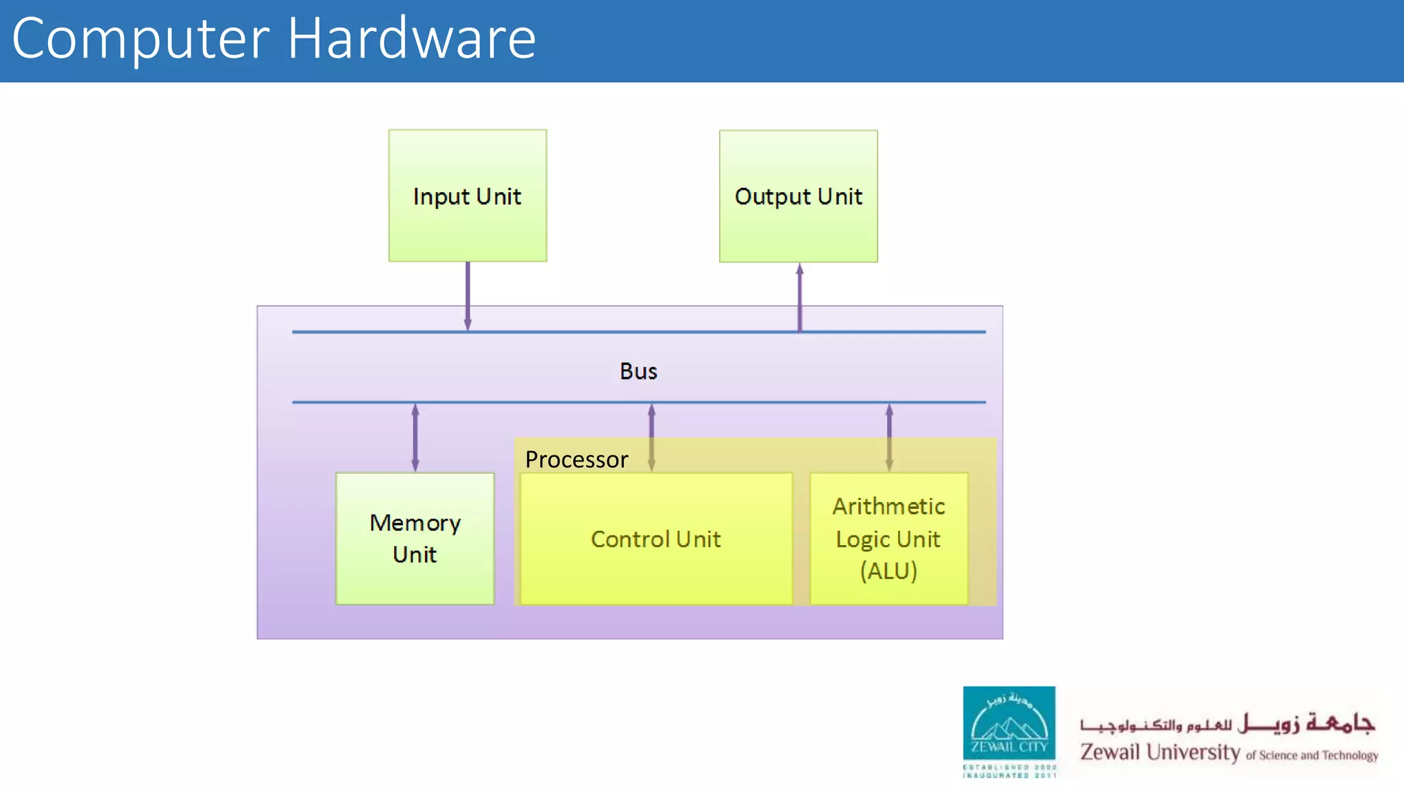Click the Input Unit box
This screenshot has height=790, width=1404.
[468, 195]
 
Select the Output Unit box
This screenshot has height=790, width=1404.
[798, 196]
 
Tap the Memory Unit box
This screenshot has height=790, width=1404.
[415, 538]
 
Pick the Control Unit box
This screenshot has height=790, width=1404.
[656, 539]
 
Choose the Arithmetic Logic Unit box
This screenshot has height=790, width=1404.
[888, 538]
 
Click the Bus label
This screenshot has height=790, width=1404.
[638, 371]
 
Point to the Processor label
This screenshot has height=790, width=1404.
[577, 459]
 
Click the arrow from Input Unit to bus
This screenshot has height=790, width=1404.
[468, 295]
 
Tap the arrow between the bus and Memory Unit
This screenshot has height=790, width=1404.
[415, 437]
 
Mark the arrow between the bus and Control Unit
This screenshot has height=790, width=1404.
[651, 437]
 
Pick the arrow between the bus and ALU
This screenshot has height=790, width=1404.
[889, 437]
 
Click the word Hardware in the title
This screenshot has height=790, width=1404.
[411, 38]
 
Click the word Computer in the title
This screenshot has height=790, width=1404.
[141, 40]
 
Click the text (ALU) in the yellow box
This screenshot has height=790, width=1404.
[888, 571]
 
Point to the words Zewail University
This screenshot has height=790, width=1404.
[1160, 752]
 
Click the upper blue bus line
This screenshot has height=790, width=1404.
[638, 332]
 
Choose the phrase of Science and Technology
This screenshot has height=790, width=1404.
[1311, 755]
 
